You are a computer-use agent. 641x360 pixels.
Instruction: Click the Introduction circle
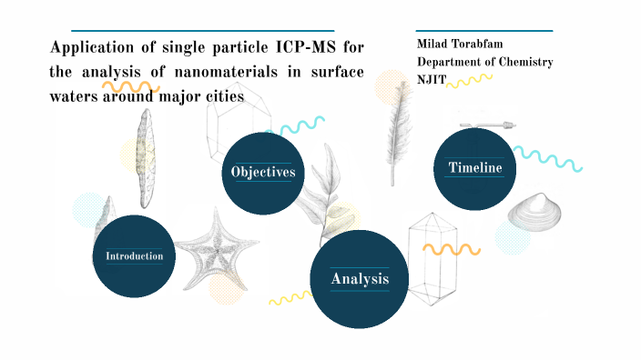[135, 255]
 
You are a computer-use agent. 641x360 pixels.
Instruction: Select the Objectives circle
[263, 172]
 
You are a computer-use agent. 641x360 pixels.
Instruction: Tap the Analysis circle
[360, 278]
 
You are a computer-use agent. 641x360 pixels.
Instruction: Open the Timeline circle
[474, 167]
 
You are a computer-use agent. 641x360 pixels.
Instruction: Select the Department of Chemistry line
[484, 62]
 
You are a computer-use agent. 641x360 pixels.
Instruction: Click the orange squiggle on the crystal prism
[452, 248]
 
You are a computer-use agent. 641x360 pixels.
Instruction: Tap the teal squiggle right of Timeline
[546, 158]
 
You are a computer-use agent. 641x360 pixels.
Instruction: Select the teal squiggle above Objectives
[301, 126]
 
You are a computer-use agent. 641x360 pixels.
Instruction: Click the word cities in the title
[226, 95]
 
